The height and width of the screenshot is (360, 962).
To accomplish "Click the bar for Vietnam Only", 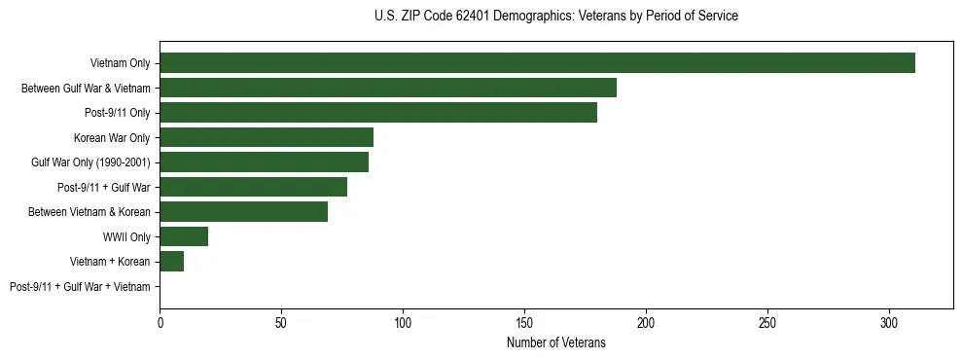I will [537, 63].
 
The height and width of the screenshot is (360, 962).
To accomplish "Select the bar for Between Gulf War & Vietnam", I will [388, 88].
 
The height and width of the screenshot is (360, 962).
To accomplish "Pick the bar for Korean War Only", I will [267, 137].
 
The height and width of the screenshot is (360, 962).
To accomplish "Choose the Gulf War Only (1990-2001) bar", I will [264, 162].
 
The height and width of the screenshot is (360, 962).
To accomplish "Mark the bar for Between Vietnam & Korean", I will [243, 212].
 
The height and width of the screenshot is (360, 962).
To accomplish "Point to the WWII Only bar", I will [184, 236].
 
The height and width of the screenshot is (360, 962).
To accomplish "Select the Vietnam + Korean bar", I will [172, 262].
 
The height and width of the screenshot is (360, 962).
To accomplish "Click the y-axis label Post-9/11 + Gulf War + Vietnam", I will [80, 287].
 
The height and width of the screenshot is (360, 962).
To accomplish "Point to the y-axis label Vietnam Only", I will [121, 63].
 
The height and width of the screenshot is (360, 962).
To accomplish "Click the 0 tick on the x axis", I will [160, 322].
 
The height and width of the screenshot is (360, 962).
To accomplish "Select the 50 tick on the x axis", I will [281, 322].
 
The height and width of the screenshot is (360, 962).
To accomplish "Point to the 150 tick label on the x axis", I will [524, 322].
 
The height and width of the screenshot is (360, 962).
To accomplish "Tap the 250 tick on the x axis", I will [767, 322].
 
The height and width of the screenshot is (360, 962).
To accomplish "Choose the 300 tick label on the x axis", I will [889, 322].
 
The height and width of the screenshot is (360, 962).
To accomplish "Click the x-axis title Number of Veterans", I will [555, 342].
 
